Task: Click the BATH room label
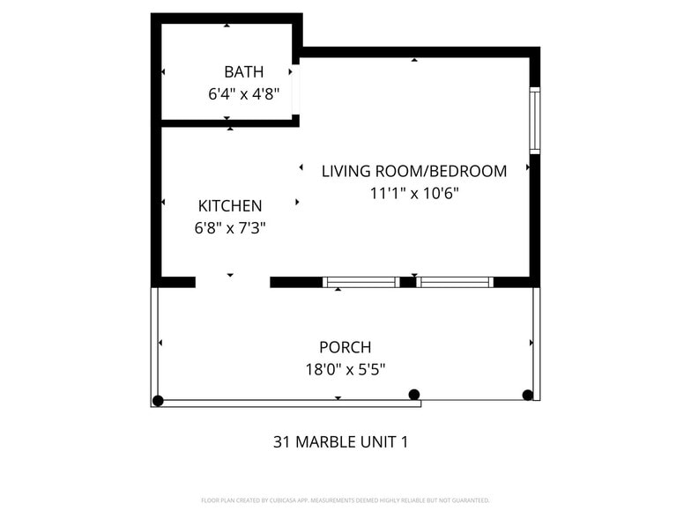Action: tap(243, 71)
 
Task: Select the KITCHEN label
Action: tap(230, 206)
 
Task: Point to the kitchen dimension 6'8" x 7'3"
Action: tap(230, 227)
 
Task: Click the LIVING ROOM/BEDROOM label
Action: tap(413, 171)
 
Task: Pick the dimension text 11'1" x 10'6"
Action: tap(414, 192)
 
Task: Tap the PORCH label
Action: tap(345, 347)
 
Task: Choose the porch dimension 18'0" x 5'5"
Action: tap(345, 369)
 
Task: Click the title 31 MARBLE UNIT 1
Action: tap(340, 441)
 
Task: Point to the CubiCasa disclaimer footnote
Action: tap(345, 499)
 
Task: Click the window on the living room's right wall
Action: tap(534, 119)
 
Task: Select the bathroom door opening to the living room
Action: tap(296, 89)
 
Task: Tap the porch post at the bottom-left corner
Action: tap(158, 401)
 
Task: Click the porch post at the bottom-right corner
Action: tap(528, 395)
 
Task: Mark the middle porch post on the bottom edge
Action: tap(414, 395)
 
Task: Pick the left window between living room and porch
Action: tap(361, 282)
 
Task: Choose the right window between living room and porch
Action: tap(454, 282)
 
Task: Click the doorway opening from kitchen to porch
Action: tap(232, 282)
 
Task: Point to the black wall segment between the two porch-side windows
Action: tap(407, 282)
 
